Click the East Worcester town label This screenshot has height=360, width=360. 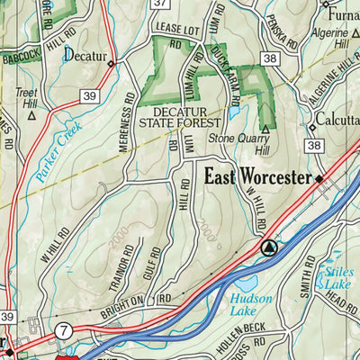257,177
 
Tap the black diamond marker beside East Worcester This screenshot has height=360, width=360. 319,179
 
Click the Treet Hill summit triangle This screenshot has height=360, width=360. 31,114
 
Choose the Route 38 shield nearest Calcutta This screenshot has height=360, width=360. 312,145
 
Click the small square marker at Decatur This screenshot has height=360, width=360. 111,63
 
